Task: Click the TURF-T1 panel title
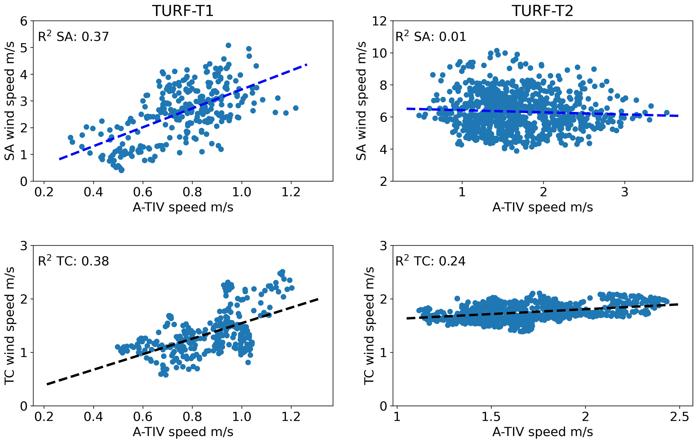[x=183, y=11]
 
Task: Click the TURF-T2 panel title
[x=542, y=11]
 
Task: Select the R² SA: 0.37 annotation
[x=73, y=36]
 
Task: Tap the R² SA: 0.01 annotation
[x=431, y=36]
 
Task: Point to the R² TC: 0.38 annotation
[x=73, y=261]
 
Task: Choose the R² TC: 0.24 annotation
[x=430, y=261]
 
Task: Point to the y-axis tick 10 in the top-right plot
[x=379, y=53]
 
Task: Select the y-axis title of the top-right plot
[x=362, y=101]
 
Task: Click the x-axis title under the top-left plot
[x=183, y=207]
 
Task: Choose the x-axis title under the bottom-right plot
[x=542, y=432]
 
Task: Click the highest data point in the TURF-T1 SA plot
[x=228, y=45]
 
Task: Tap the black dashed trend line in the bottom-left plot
[x=182, y=341]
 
